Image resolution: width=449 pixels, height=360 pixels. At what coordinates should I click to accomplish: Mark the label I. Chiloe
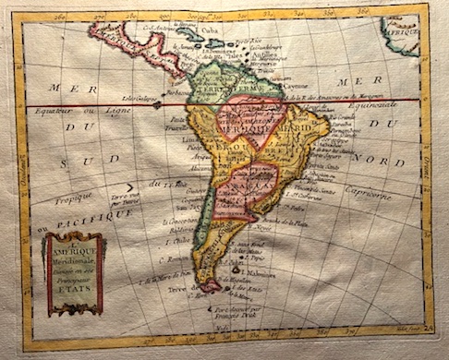point(181,242)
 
